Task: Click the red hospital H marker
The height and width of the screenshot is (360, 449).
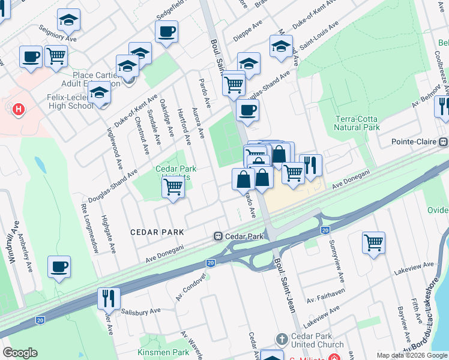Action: tap(19, 109)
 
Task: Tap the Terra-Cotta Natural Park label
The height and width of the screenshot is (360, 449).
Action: tap(357, 124)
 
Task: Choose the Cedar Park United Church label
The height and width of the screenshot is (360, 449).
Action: tap(316, 340)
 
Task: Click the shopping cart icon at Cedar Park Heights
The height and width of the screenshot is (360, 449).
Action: tap(173, 187)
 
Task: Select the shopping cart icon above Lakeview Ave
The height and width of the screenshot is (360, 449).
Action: tap(373, 242)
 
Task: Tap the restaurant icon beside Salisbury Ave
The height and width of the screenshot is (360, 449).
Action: tap(109, 298)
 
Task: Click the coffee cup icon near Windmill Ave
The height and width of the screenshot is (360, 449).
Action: tap(59, 267)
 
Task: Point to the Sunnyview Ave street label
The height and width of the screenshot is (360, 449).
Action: tap(338, 262)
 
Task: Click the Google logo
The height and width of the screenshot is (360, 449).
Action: tap(20, 353)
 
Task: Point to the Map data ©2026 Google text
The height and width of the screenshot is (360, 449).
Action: tap(412, 355)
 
